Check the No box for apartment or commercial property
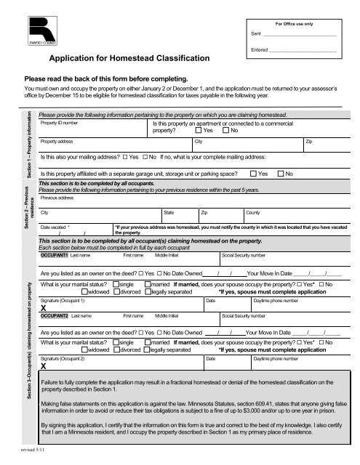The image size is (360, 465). [x=226, y=132]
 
